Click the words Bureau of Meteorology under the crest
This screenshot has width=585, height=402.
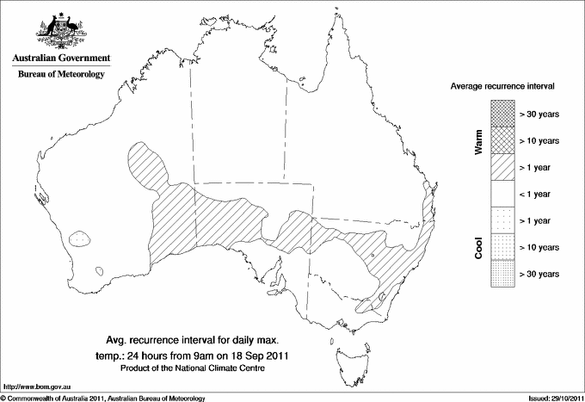pyautogui.click(x=60, y=74)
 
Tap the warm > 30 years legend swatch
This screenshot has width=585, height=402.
pyautogui.click(x=502, y=113)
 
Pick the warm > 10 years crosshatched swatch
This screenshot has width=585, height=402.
pyautogui.click(x=502, y=139)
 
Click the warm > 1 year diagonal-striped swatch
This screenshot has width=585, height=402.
pyautogui.click(x=502, y=166)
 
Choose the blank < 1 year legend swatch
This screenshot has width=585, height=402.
pyautogui.click(x=502, y=194)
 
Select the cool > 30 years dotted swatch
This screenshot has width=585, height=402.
pyautogui.click(x=502, y=274)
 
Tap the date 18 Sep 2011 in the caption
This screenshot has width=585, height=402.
pyautogui.click(x=259, y=355)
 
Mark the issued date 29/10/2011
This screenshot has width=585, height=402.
pyautogui.click(x=562, y=398)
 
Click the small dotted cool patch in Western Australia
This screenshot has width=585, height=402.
pyautogui.click(x=80, y=235)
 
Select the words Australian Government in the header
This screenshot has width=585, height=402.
pyautogui.click(x=60, y=59)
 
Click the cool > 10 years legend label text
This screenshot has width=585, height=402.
pyautogui.click(x=539, y=247)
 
